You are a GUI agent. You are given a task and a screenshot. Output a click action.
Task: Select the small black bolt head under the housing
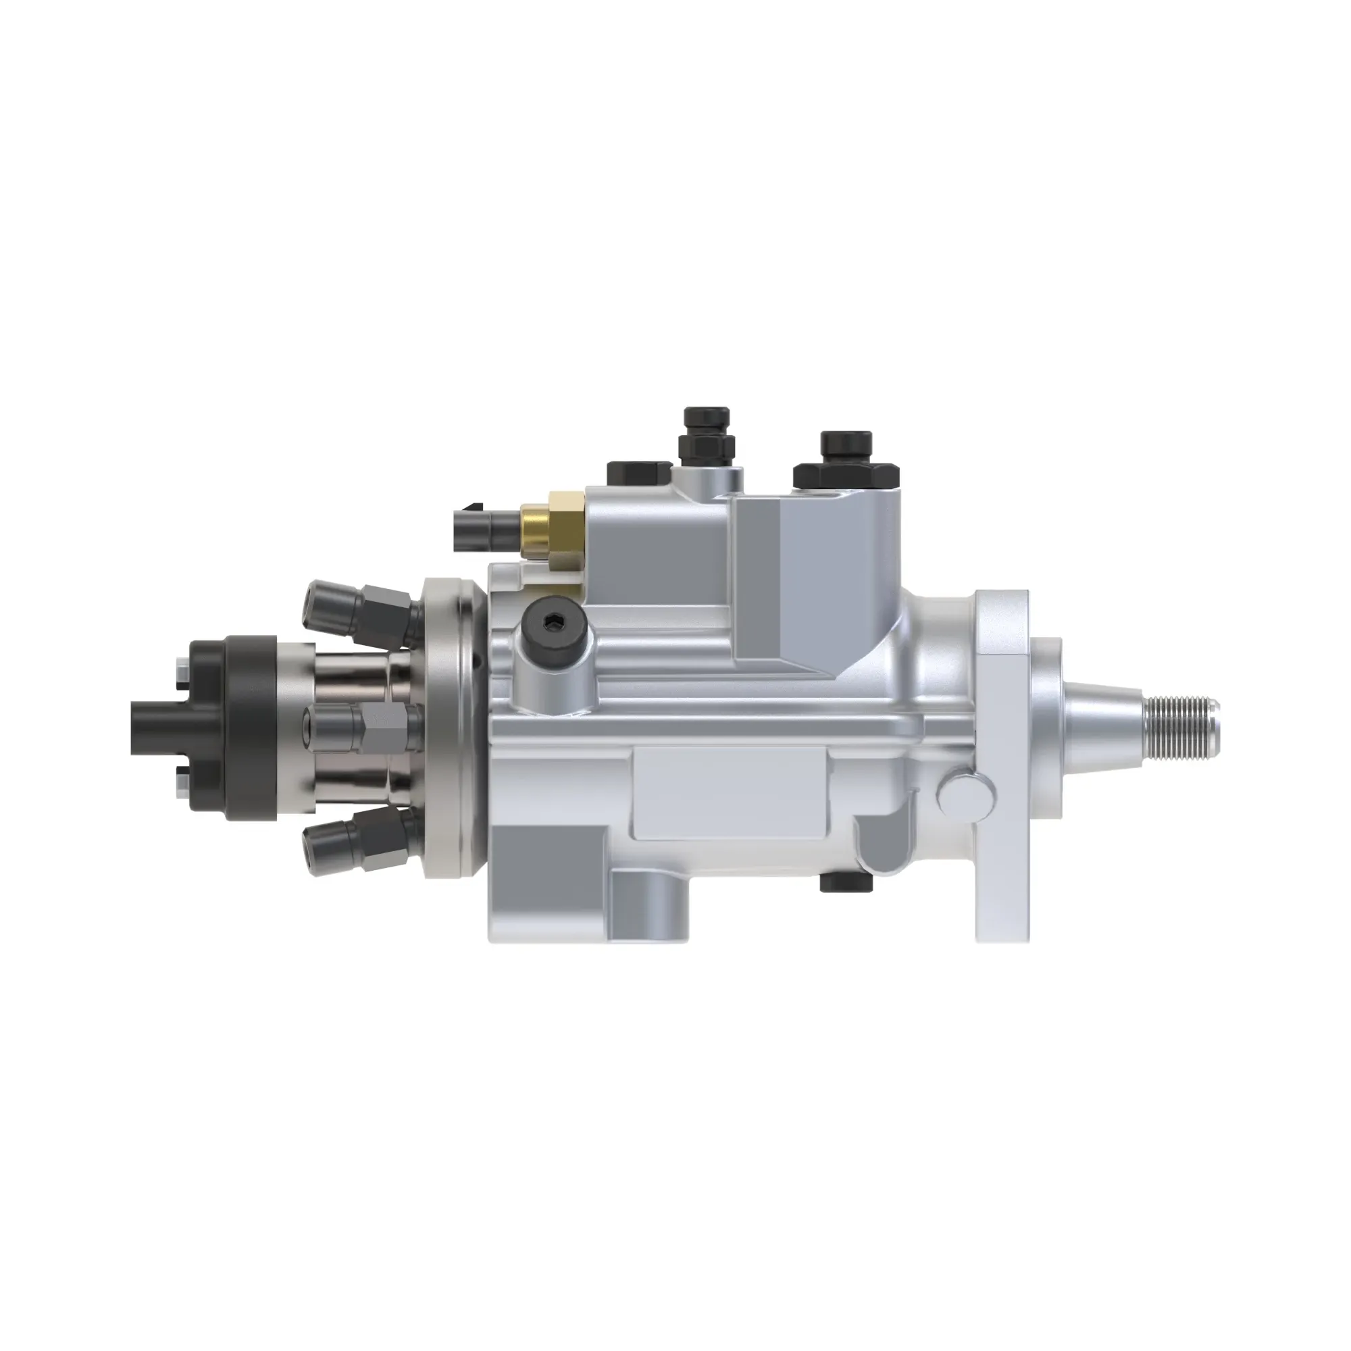pos(847,883)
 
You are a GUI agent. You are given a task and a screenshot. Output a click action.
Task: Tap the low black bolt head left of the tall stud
pos(639,474)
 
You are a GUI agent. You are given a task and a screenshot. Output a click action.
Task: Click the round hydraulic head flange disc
pos(451,728)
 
